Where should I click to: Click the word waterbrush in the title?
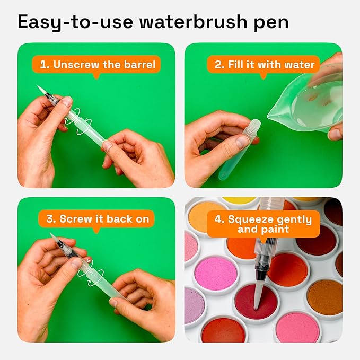(x=191, y=23)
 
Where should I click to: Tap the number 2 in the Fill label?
(x=219, y=65)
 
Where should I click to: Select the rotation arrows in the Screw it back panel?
(x=85, y=267)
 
